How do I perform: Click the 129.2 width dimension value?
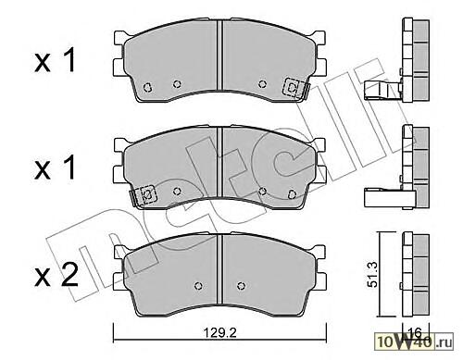click(219, 333)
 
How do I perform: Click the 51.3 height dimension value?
click(373, 274)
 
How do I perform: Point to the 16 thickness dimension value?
click(415, 333)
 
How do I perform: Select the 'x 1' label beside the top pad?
click(55, 61)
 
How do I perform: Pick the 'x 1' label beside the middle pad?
click(55, 168)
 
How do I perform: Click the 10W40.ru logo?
click(415, 341)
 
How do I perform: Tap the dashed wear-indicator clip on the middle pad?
click(143, 195)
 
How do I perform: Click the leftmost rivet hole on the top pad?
click(147, 87)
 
